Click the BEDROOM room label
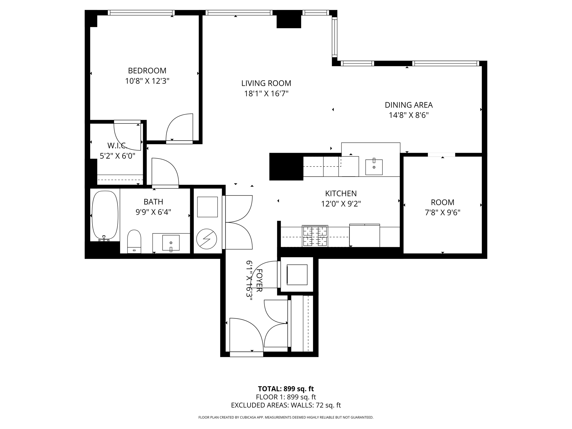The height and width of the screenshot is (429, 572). pos(147,70)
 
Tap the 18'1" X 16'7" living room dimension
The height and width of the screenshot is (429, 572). pos(266,94)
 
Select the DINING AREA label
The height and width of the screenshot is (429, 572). pos(409,105)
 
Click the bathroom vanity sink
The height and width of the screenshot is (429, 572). pos(171,243)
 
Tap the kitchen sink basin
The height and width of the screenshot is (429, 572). pos(374,167)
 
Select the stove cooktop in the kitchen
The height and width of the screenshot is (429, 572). pos(315,236)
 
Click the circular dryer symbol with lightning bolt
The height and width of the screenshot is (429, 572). pos(207,239)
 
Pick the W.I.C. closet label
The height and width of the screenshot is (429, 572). pos(117,146)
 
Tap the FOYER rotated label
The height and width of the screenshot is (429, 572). pos(259,280)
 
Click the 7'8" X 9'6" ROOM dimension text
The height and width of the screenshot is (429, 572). pos(442,213)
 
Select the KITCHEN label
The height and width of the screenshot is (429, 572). pos(341,193)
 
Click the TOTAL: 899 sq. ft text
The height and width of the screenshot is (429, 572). pos(286,389)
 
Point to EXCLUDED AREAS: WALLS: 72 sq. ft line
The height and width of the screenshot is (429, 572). pos(286,405)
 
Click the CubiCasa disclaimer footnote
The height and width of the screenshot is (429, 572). pos(286,417)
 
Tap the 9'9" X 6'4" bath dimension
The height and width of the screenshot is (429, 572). pos(153,212)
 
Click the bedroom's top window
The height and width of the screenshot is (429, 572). pos(141,13)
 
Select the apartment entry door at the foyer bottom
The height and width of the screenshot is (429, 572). pos(246,354)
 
